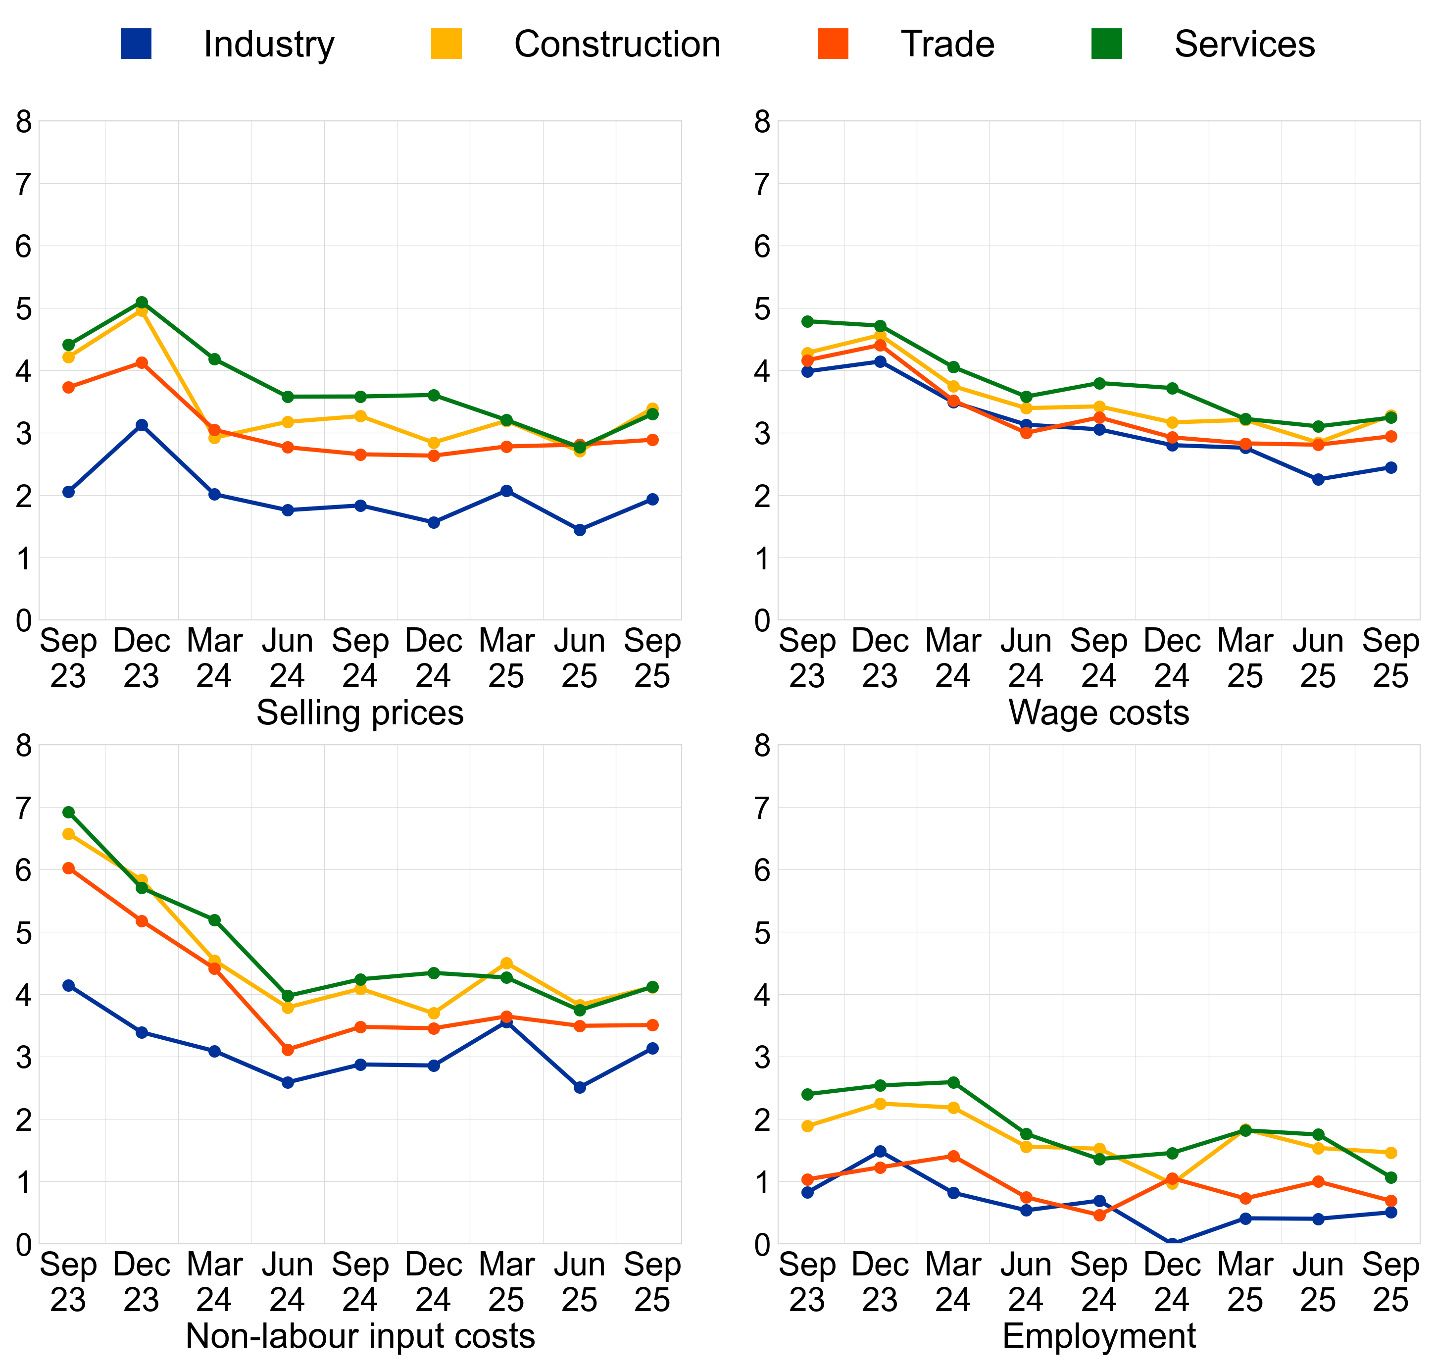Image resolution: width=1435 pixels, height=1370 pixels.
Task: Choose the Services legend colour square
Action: pos(1106,44)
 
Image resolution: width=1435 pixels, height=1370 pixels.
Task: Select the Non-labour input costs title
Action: pos(360,1336)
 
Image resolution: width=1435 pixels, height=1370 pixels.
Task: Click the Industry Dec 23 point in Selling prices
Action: pos(142,425)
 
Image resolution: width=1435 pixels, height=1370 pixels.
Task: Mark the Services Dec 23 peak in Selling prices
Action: pos(142,303)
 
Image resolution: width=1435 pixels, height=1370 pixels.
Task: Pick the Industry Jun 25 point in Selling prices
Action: pos(580,530)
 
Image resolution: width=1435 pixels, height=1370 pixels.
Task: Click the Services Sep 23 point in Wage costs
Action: pos(807,321)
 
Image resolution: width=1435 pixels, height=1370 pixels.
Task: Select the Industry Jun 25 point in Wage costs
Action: pos(1318,480)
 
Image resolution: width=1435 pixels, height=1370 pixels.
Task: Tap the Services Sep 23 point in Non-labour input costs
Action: pos(69,812)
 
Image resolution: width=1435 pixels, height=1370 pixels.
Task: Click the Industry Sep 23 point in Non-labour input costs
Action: pos(69,986)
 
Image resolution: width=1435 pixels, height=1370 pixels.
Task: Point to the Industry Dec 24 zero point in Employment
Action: pos(1172,1244)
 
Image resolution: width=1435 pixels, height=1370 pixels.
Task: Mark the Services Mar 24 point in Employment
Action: pos(953,1082)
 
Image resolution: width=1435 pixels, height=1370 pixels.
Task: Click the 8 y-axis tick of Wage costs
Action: pos(763,122)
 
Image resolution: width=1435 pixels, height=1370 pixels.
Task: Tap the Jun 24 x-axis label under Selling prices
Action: pos(287,659)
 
